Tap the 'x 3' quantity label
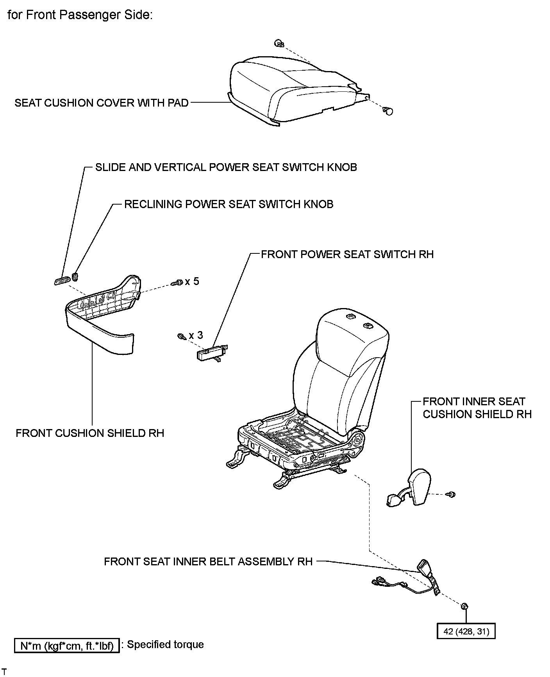tap(196, 335)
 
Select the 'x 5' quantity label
tap(192, 281)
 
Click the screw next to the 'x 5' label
tap(178, 282)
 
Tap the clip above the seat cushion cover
tap(278, 44)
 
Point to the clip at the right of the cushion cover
tap(388, 111)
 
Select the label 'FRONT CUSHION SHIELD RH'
tap(90, 433)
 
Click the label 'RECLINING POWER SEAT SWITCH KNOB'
tap(229, 204)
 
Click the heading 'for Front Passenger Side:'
tap(80, 15)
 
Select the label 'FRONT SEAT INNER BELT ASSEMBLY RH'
tap(208, 561)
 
